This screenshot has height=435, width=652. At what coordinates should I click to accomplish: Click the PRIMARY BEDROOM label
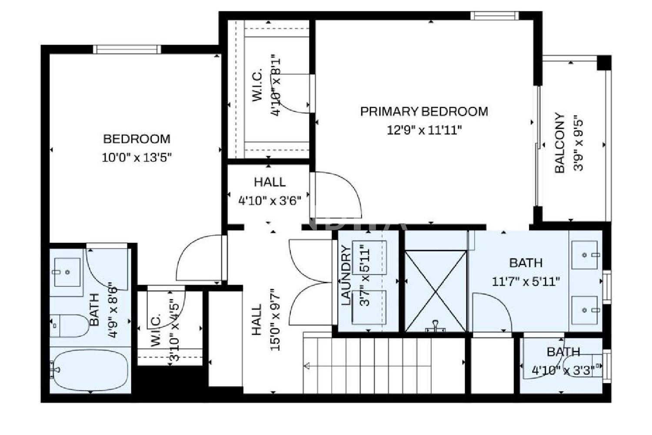click(424, 112)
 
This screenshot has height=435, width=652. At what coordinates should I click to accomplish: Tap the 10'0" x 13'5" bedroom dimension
click(137, 158)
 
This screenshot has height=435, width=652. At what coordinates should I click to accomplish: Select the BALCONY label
click(560, 143)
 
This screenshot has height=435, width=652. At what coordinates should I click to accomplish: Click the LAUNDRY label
click(346, 275)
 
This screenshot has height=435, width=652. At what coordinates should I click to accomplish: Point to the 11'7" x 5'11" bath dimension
click(526, 282)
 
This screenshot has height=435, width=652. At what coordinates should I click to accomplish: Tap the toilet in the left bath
click(70, 325)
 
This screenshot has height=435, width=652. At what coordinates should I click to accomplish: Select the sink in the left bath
click(67, 272)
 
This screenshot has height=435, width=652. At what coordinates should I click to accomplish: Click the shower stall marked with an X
click(436, 291)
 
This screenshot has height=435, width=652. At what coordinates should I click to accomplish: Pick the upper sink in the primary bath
click(585, 255)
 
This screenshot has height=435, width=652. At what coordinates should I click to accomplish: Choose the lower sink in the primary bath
click(585, 310)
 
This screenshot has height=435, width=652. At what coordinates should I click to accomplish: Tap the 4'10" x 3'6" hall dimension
click(269, 201)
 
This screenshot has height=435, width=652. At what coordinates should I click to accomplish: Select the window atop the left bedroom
click(127, 49)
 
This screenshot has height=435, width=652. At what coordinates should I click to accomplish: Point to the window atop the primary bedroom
click(495, 16)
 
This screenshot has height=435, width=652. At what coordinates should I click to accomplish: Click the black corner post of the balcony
click(604, 63)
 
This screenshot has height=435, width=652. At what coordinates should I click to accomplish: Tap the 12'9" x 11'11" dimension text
click(424, 130)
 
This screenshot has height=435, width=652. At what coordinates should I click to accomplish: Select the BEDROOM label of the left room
click(137, 139)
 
